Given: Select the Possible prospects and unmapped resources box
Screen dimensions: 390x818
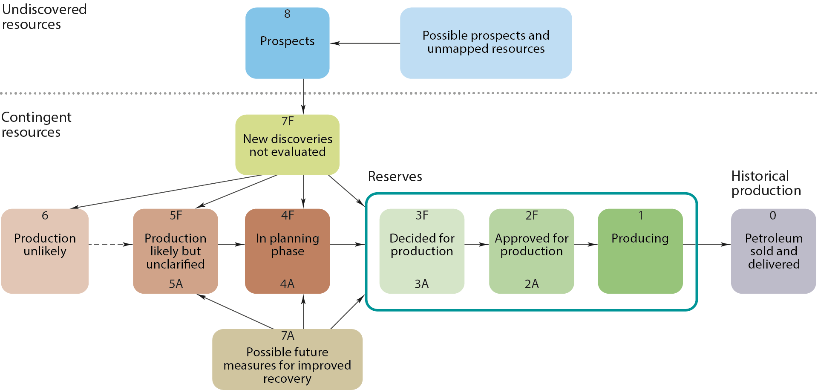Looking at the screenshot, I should [486, 43].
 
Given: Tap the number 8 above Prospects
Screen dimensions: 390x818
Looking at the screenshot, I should [287, 14].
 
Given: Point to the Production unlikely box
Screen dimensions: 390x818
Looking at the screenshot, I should [45, 251].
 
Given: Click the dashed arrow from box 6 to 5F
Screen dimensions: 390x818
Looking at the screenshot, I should [110, 244].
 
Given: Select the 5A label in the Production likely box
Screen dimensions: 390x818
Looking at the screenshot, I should [176, 284].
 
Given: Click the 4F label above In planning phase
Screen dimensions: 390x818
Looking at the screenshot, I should [288, 215].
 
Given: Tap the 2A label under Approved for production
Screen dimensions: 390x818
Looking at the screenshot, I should [531, 284].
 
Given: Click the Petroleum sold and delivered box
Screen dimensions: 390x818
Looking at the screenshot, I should [773, 251].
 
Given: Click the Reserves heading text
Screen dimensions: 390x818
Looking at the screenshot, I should [395, 176].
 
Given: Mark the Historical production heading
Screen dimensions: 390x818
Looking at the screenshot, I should [766, 183].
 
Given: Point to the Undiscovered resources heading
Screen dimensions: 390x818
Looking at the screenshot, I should [44, 17].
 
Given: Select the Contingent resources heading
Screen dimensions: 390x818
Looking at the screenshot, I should [36, 124].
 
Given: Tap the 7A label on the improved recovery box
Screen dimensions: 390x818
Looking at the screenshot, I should [288, 336].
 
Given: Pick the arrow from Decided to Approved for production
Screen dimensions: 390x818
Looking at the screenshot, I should [476, 244].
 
